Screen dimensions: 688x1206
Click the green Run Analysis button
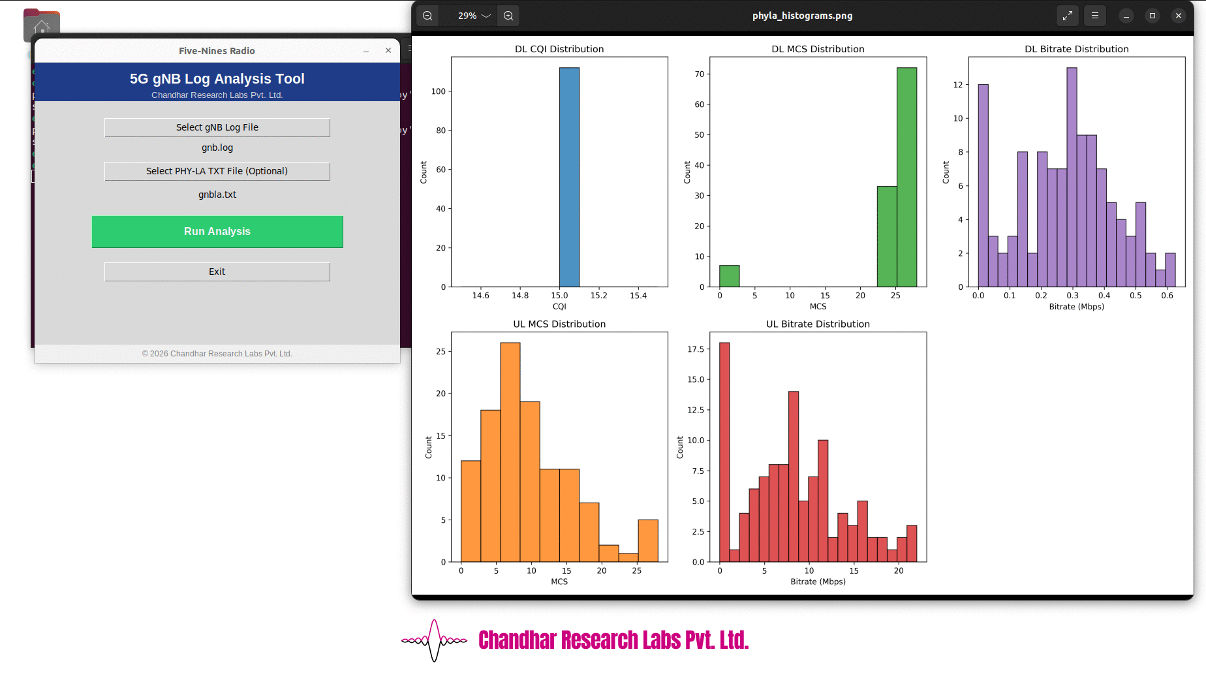[217, 232]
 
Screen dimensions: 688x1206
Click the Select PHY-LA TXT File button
[217, 171]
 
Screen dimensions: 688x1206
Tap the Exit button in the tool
[217, 272]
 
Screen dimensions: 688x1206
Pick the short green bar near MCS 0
[729, 276]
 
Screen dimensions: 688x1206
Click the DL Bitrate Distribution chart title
[1076, 49]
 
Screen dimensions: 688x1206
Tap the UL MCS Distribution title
[559, 324]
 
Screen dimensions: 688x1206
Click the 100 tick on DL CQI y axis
[439, 91]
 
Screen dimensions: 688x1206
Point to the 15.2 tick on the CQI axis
[598, 296]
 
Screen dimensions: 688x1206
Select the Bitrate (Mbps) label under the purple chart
[1076, 306]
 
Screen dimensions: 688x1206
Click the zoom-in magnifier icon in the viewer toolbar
[508, 16]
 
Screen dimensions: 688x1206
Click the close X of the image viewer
[1178, 16]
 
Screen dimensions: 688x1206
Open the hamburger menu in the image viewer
[1095, 16]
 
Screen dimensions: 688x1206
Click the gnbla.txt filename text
[217, 195]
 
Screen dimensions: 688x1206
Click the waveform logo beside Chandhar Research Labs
[434, 640]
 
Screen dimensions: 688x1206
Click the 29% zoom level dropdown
[474, 16]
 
